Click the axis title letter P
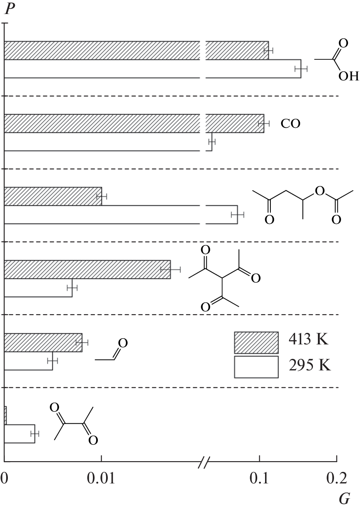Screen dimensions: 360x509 click(x=10, y=9)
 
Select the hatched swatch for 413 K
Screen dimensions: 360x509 click(x=256, y=343)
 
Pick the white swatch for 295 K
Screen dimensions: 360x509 click(x=256, y=367)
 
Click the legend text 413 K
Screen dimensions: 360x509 click(x=308, y=340)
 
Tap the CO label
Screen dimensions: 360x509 click(x=290, y=124)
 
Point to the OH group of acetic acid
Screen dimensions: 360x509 click(x=348, y=76)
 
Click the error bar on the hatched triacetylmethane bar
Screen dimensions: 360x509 click(x=171, y=269)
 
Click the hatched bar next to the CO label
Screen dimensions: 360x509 click(x=134, y=124)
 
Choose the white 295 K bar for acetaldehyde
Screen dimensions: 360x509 click(x=28, y=361)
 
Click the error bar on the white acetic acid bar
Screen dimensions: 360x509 click(x=301, y=68)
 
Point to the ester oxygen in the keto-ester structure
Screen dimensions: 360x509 click(x=320, y=191)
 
